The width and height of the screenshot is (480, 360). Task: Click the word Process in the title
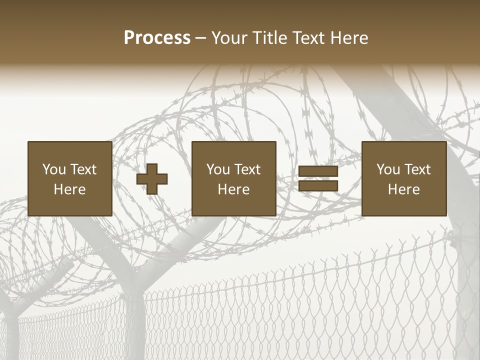click(157, 38)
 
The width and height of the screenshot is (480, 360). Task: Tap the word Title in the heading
click(269, 38)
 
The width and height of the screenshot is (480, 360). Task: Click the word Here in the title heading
click(350, 38)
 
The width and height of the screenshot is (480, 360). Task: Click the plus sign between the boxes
click(152, 179)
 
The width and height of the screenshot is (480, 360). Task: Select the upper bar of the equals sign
click(318, 171)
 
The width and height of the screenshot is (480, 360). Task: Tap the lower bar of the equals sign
click(318, 186)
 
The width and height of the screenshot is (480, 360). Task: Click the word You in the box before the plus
click(53, 169)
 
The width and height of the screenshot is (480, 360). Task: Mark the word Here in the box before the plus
click(69, 189)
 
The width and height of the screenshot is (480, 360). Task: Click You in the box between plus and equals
click(218, 169)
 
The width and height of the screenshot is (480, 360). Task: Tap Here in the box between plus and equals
click(233, 189)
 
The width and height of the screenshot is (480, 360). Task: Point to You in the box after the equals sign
click(388, 169)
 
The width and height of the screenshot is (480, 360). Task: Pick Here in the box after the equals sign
click(403, 189)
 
